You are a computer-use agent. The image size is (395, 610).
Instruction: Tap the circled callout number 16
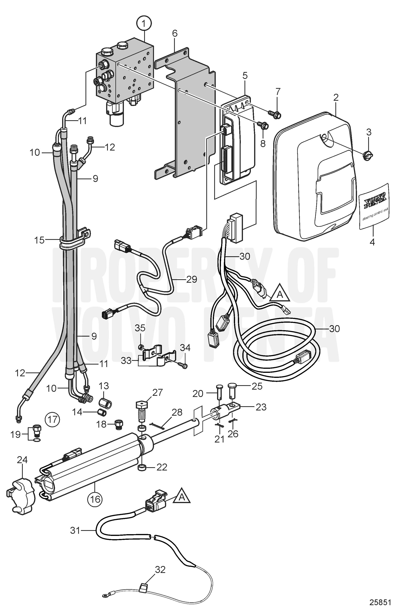point(95,499)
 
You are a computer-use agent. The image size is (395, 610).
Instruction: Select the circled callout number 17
point(52,420)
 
